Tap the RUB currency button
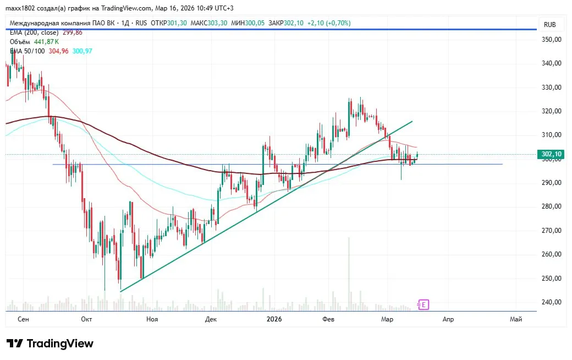(549, 25)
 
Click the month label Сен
(23, 319)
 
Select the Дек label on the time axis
(211, 319)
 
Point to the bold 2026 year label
(274, 319)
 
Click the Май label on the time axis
(516, 319)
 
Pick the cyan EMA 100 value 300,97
(82, 51)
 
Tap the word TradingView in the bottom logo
(60, 344)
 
